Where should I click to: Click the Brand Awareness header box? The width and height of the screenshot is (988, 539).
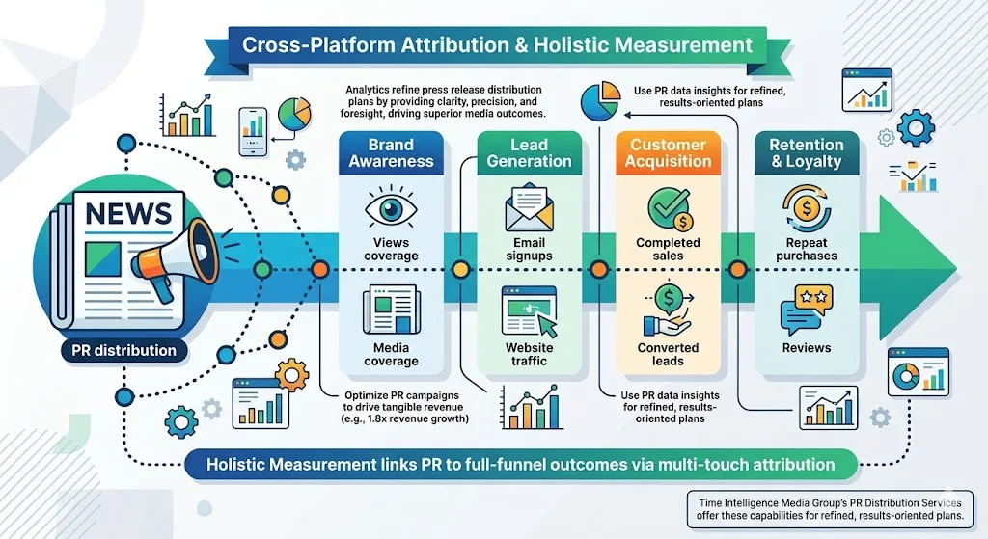click(x=392, y=153)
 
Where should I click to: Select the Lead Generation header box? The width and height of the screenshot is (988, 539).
click(x=529, y=153)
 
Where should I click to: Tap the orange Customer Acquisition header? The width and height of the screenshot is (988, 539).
click(x=668, y=153)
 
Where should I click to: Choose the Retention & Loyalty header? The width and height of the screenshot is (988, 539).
click(x=806, y=153)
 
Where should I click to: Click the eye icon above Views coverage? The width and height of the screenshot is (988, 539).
click(x=392, y=208)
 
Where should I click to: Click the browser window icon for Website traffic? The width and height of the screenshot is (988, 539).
click(x=529, y=311)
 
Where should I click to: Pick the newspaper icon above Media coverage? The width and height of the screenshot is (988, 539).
click(x=391, y=311)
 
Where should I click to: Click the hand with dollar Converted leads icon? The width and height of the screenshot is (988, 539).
click(x=668, y=310)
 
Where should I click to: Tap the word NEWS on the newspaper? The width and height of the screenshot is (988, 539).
click(x=127, y=212)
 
